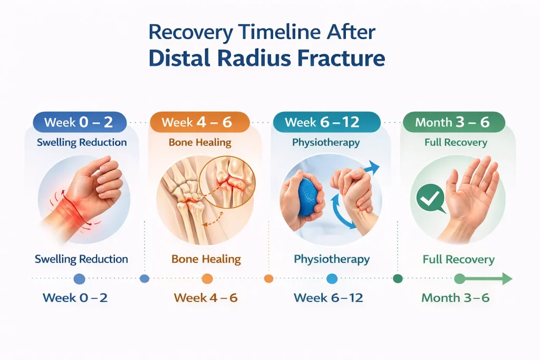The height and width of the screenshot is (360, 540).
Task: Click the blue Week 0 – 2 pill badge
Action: (80, 122)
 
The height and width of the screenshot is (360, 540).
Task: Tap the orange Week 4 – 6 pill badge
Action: (200, 122)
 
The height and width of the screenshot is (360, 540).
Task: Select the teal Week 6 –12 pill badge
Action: (326, 122)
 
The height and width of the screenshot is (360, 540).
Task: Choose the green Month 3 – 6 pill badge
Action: (454, 122)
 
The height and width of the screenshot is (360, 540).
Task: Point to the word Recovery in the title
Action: (191, 32)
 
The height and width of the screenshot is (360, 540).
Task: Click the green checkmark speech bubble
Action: (430, 199)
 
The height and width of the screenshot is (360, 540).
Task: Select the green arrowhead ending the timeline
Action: (507, 278)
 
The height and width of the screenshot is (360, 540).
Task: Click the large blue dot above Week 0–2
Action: (79, 279)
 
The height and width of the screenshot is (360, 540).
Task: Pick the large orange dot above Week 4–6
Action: (207, 279)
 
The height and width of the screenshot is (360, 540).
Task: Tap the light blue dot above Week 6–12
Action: (332, 279)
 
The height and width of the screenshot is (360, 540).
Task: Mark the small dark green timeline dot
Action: (398, 279)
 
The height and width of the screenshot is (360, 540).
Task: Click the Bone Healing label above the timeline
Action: (206, 259)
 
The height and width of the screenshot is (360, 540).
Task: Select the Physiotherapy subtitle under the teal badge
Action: (326, 142)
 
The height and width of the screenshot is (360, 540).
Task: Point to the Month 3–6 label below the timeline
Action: (455, 298)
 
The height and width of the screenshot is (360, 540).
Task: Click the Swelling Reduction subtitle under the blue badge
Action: (82, 142)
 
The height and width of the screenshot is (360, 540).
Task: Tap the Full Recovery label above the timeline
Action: (458, 259)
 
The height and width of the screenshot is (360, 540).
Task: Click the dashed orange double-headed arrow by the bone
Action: (213, 219)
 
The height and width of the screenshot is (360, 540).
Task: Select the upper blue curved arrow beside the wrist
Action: (369, 170)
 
